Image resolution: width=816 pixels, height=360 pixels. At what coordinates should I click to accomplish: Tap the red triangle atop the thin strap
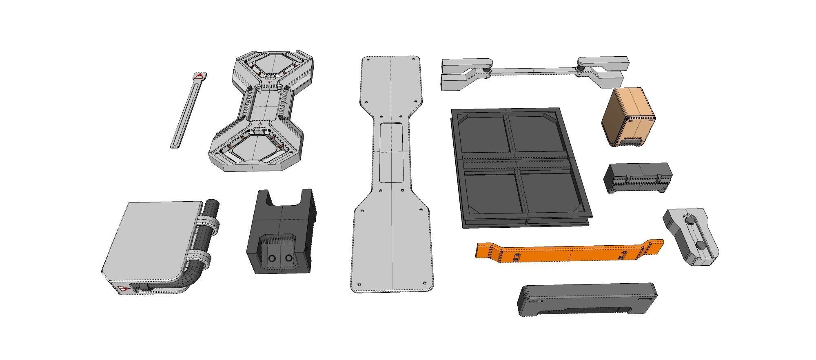(199, 76)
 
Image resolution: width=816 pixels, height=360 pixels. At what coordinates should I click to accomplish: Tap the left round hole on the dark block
(272, 258)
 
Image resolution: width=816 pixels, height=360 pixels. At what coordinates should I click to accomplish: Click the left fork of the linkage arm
(461, 73)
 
